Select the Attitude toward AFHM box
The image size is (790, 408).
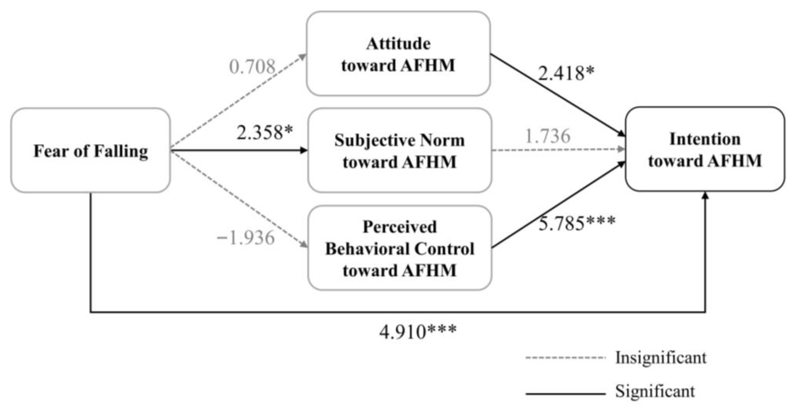[398, 54]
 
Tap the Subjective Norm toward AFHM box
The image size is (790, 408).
[400, 150]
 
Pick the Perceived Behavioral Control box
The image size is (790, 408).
[400, 248]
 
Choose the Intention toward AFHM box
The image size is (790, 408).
[705, 149]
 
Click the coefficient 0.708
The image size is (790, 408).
[252, 67]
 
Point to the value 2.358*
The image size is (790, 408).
[264, 133]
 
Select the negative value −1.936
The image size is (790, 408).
[245, 238]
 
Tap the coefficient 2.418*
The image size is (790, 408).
[566, 73]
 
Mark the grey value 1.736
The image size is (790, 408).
[548, 136]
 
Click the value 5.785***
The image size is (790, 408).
[577, 223]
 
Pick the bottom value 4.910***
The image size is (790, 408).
[418, 332]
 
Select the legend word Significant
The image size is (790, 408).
[655, 391]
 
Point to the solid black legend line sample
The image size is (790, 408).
[565, 393]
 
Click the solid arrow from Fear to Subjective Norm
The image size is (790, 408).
[239, 150]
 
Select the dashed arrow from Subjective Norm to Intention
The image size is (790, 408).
[558, 150]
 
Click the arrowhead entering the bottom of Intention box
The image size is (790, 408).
[705, 196]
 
